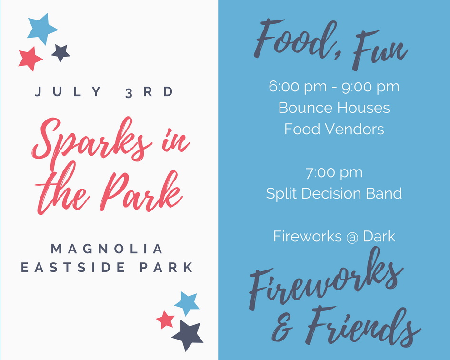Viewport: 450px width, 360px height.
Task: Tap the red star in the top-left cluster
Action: (30, 59)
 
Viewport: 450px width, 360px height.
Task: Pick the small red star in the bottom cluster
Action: (165, 320)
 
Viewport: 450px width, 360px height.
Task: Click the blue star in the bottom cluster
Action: (187, 303)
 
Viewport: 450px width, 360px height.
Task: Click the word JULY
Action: (68, 91)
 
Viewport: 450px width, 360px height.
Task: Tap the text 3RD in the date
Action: (149, 92)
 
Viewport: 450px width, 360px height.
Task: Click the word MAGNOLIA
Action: (107, 249)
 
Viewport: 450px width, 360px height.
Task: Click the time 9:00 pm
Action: (370, 87)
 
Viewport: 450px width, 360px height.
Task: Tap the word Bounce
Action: (305, 108)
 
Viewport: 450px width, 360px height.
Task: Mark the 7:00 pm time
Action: (334, 173)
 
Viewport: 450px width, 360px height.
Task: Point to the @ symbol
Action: (352, 237)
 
